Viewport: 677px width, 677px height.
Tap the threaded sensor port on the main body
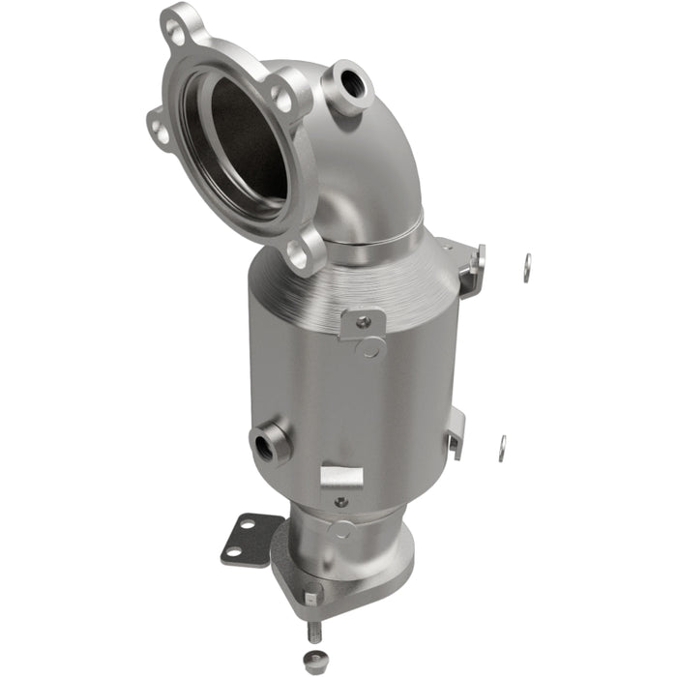[267, 446]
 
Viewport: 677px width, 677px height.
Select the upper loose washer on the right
[527, 268]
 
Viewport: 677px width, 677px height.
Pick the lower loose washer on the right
[502, 448]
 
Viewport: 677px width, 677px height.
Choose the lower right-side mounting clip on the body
[455, 430]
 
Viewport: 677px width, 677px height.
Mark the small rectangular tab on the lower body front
[341, 476]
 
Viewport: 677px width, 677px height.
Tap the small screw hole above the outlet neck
[339, 502]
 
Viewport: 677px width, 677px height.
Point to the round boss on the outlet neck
[341, 529]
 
